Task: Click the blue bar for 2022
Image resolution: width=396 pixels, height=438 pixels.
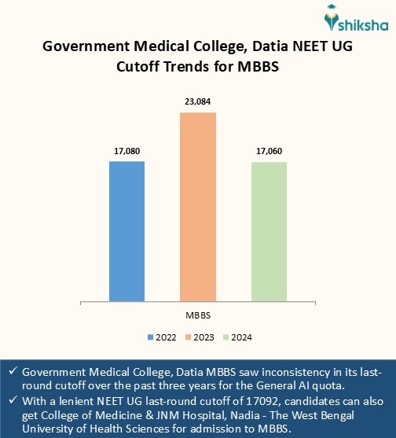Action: (x=126, y=230)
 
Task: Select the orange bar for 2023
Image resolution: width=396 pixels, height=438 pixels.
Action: (x=198, y=206)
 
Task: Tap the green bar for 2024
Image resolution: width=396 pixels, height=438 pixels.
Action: (x=269, y=231)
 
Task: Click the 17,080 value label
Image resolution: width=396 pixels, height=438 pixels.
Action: (x=126, y=149)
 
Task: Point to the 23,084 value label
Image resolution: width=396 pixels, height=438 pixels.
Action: (x=198, y=101)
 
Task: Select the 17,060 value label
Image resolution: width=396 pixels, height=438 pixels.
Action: (x=269, y=150)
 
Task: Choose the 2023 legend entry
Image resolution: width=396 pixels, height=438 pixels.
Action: (x=199, y=337)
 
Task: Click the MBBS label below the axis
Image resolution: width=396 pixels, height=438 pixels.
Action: (x=197, y=315)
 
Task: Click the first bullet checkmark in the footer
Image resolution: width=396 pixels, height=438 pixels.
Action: (x=13, y=371)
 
